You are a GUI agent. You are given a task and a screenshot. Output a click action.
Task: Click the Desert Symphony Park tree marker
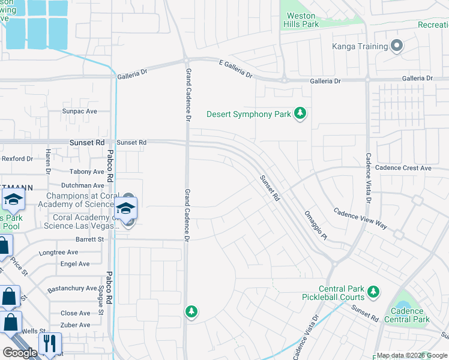point(300,114)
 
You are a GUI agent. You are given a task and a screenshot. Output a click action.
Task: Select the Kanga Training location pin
point(396,46)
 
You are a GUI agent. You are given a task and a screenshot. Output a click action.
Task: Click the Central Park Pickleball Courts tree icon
point(373,292)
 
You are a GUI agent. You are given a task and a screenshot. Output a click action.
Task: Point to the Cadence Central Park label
point(411,316)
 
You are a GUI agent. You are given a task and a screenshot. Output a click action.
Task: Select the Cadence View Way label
point(360,219)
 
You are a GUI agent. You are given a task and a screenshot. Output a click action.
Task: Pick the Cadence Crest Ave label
point(403,168)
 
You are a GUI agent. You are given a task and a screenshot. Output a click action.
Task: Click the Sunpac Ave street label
point(80,112)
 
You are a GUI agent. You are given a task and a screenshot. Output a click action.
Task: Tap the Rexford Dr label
point(17,158)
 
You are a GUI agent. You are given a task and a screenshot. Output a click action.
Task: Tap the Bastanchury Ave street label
point(72,289)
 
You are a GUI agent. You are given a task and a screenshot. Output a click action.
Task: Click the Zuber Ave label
point(76,325)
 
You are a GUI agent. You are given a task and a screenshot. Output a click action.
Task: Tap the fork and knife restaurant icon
point(49,343)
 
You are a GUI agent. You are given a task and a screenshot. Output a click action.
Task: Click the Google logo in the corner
point(20,353)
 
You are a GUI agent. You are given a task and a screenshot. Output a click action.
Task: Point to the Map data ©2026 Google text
point(412,355)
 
